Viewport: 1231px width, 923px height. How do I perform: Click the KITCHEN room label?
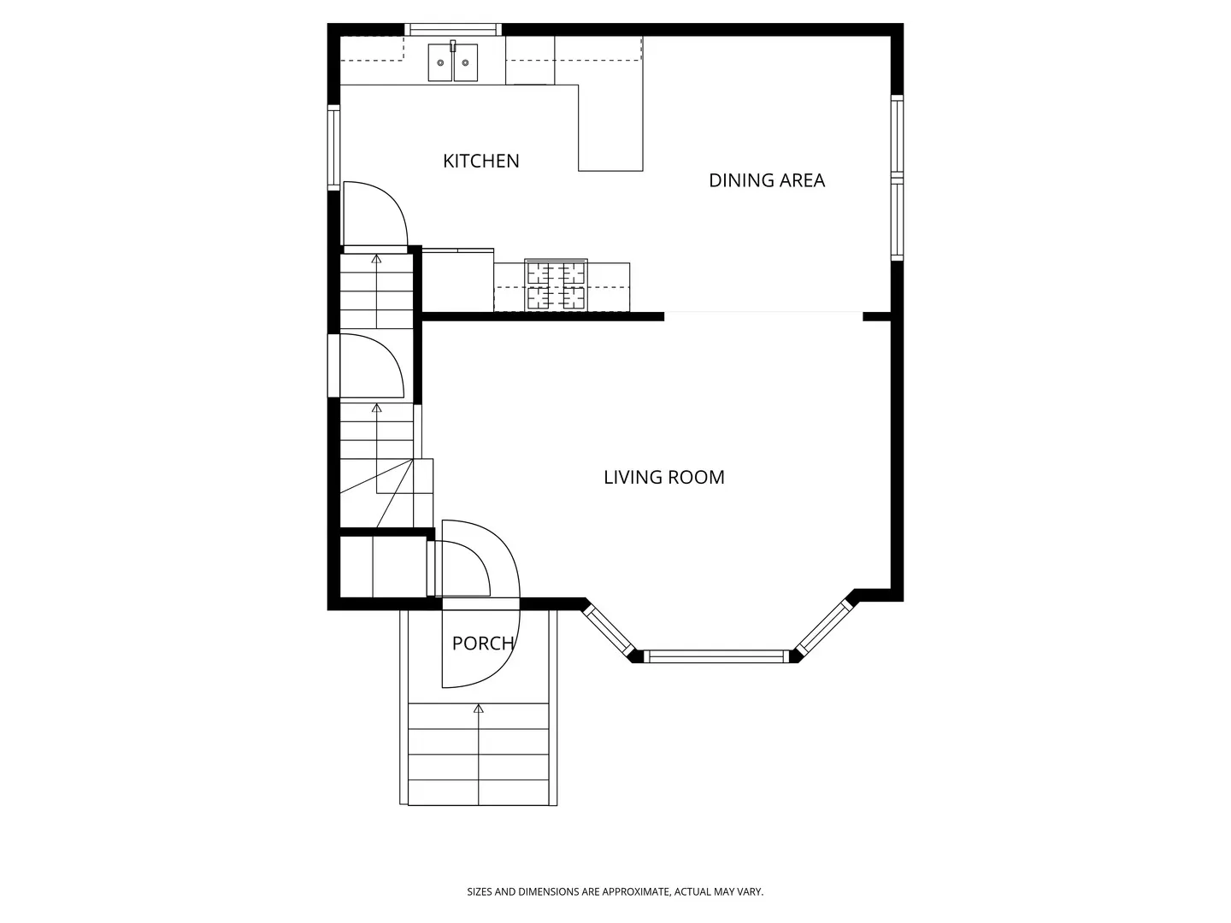[x=480, y=161]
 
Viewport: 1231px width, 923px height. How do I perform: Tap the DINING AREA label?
[x=767, y=180]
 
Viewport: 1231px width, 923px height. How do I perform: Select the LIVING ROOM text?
[x=664, y=478]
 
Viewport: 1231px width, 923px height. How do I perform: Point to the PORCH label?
[x=483, y=644]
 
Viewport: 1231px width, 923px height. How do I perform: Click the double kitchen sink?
[x=452, y=62]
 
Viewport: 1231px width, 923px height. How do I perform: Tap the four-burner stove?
[x=556, y=285]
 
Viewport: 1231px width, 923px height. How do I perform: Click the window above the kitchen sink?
[x=452, y=29]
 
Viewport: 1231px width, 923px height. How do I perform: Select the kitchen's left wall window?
[x=333, y=147]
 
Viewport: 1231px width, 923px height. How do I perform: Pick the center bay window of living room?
[x=716, y=656]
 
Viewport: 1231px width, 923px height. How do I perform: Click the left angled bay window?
[x=609, y=629]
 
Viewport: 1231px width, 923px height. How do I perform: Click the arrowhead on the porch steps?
[x=479, y=709]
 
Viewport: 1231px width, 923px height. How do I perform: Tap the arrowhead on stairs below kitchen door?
[x=376, y=259]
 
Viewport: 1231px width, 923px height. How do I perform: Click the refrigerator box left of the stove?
[x=457, y=279]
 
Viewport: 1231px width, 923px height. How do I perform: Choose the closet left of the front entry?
[x=384, y=567]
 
